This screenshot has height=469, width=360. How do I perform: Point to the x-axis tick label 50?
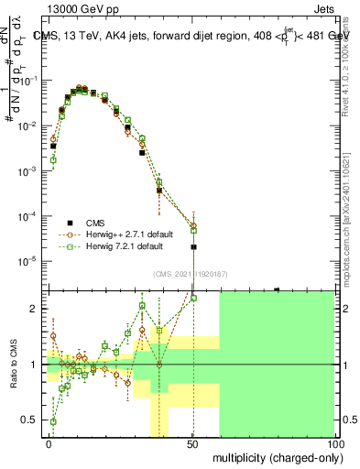[x=192, y=443]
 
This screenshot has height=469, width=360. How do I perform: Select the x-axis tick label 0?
[x=49, y=443]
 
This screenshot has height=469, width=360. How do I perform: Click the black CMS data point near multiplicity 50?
[x=193, y=247]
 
